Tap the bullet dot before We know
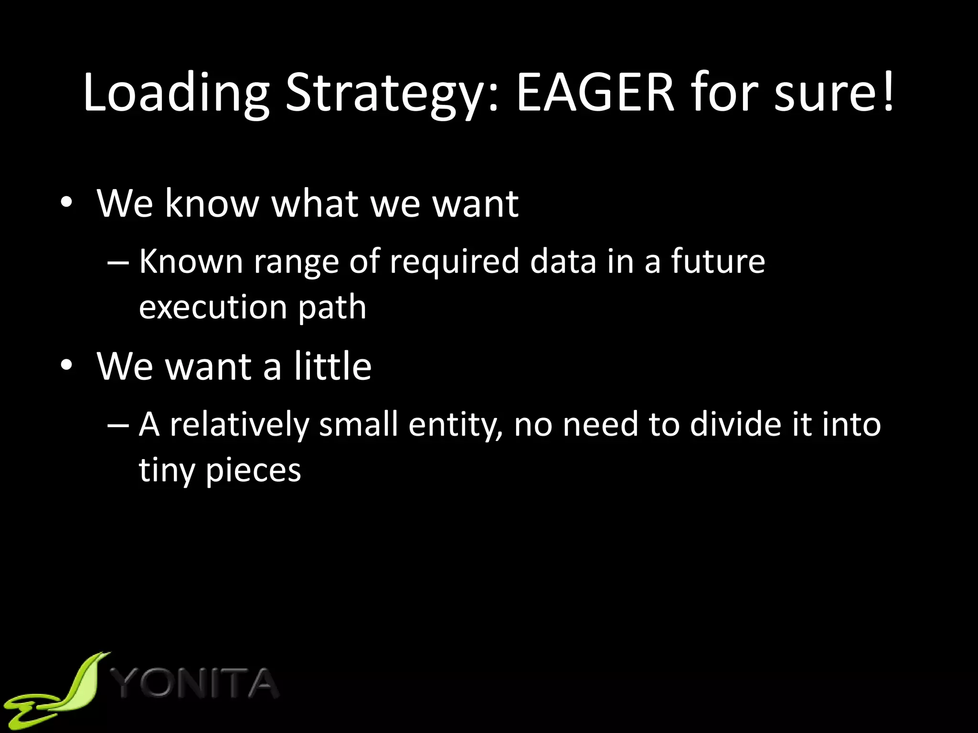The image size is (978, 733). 66,203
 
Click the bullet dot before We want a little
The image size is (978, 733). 66,366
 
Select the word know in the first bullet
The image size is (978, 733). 212,204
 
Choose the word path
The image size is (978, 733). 332,308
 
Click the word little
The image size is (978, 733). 332,366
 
